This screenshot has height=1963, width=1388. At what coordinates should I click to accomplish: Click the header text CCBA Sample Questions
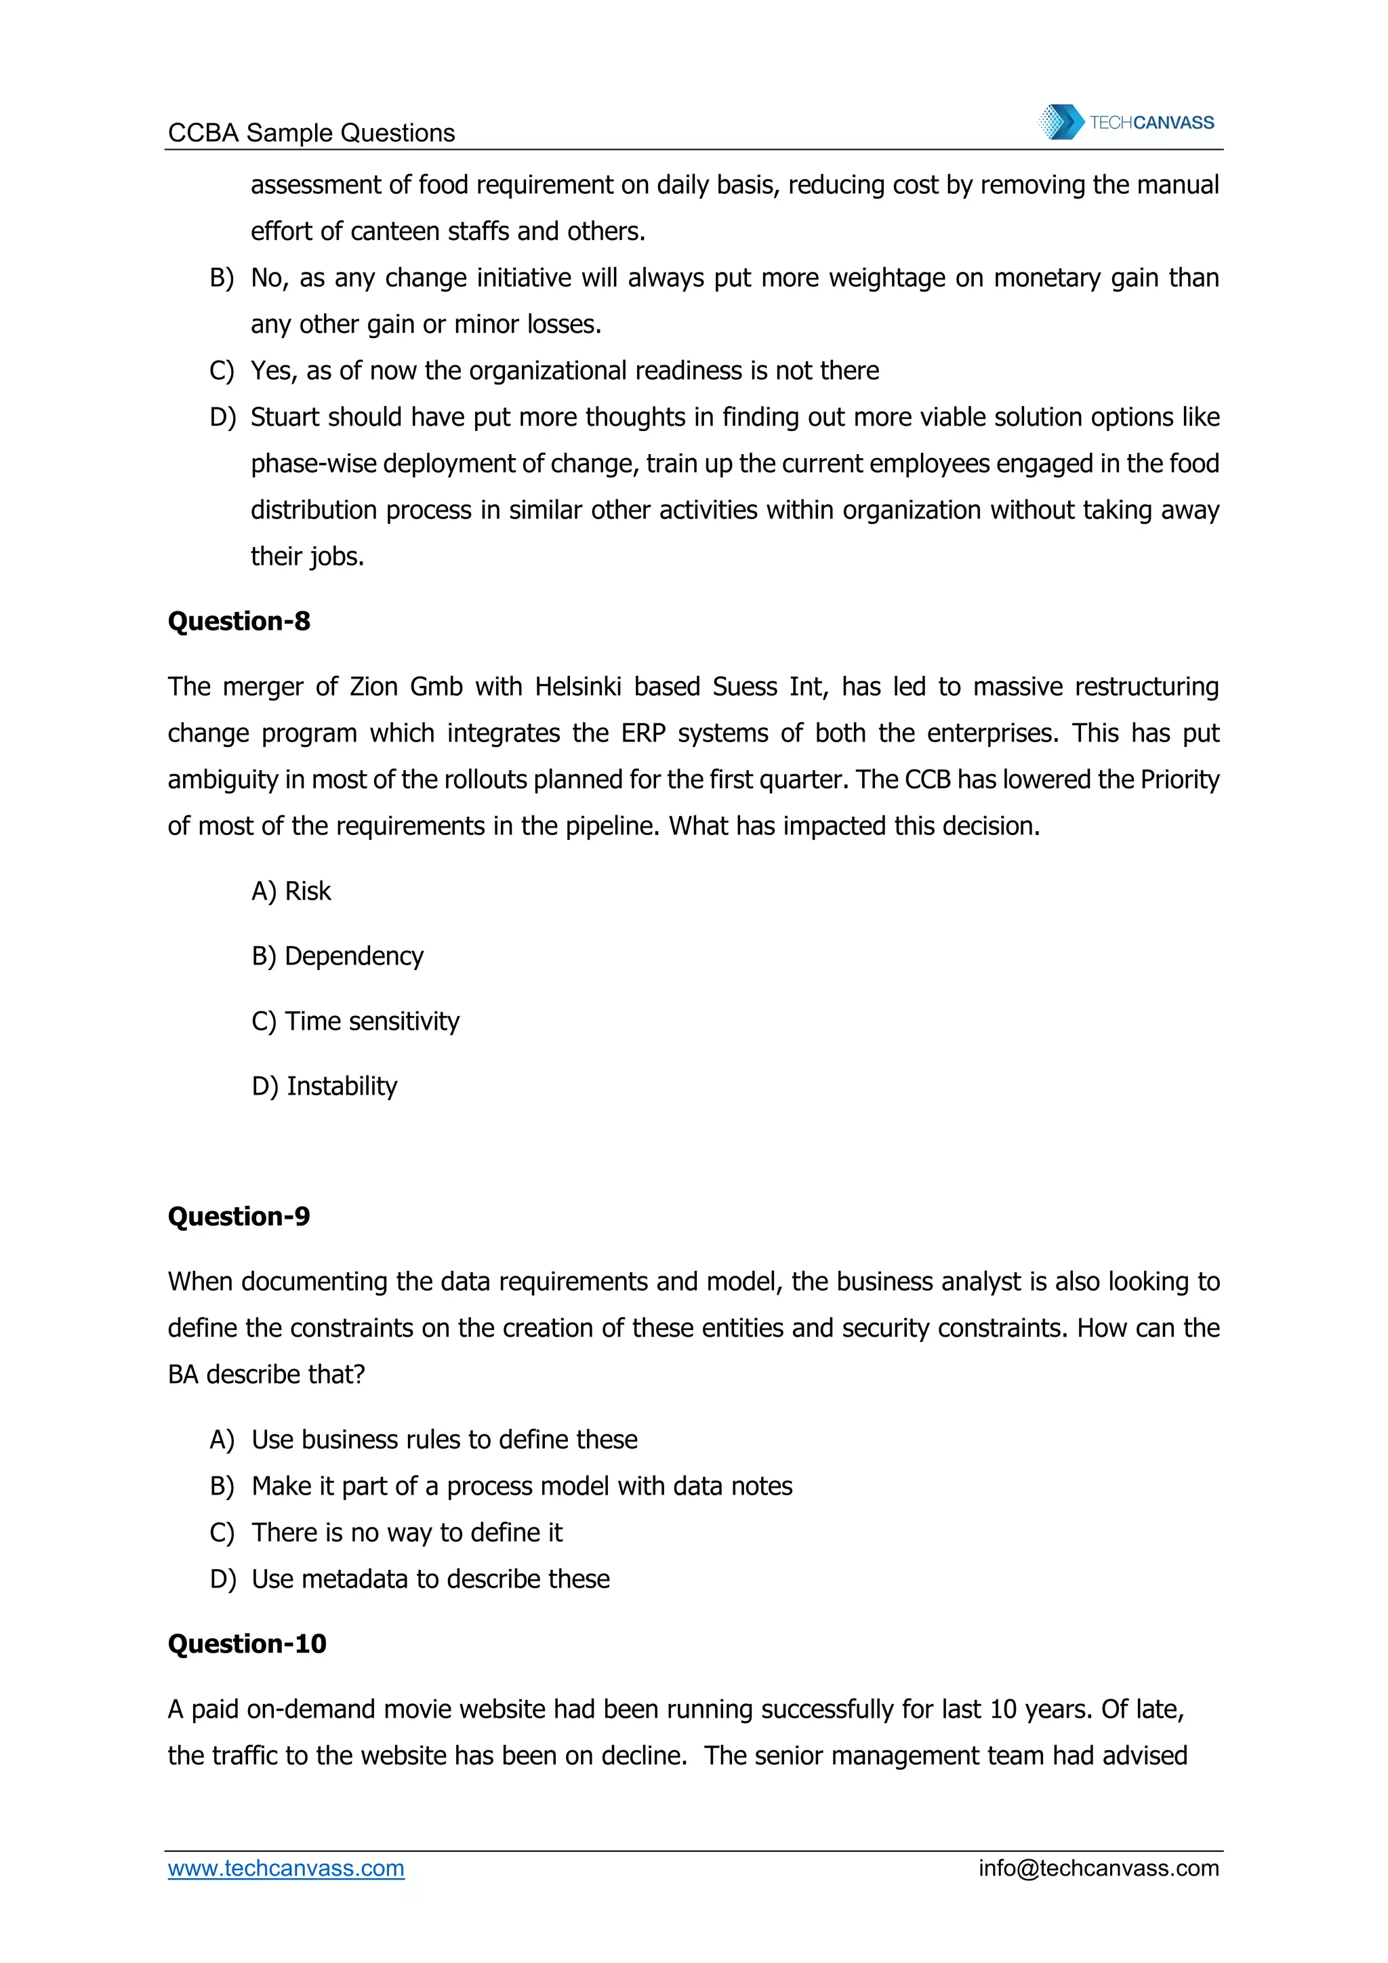point(311,133)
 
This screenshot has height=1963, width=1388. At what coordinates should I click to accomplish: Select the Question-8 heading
point(239,621)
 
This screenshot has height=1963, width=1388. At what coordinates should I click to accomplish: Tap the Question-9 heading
point(239,1216)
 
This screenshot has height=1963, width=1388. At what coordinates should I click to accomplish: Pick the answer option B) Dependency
point(337,956)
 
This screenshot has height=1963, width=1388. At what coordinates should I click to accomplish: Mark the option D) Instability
point(324,1086)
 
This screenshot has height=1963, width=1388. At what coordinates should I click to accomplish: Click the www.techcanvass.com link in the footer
point(285,1868)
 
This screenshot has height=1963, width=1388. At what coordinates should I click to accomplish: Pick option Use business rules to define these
point(445,1440)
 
